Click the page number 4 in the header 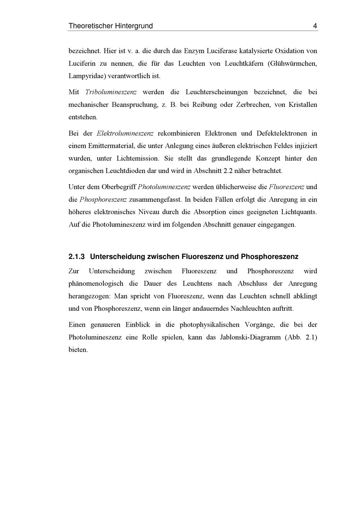coord(315,26)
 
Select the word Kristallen coord(303,105)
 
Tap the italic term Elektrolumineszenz coord(125,133)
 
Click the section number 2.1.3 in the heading coord(76,257)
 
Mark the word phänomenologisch coord(96,283)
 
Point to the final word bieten coord(78,350)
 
